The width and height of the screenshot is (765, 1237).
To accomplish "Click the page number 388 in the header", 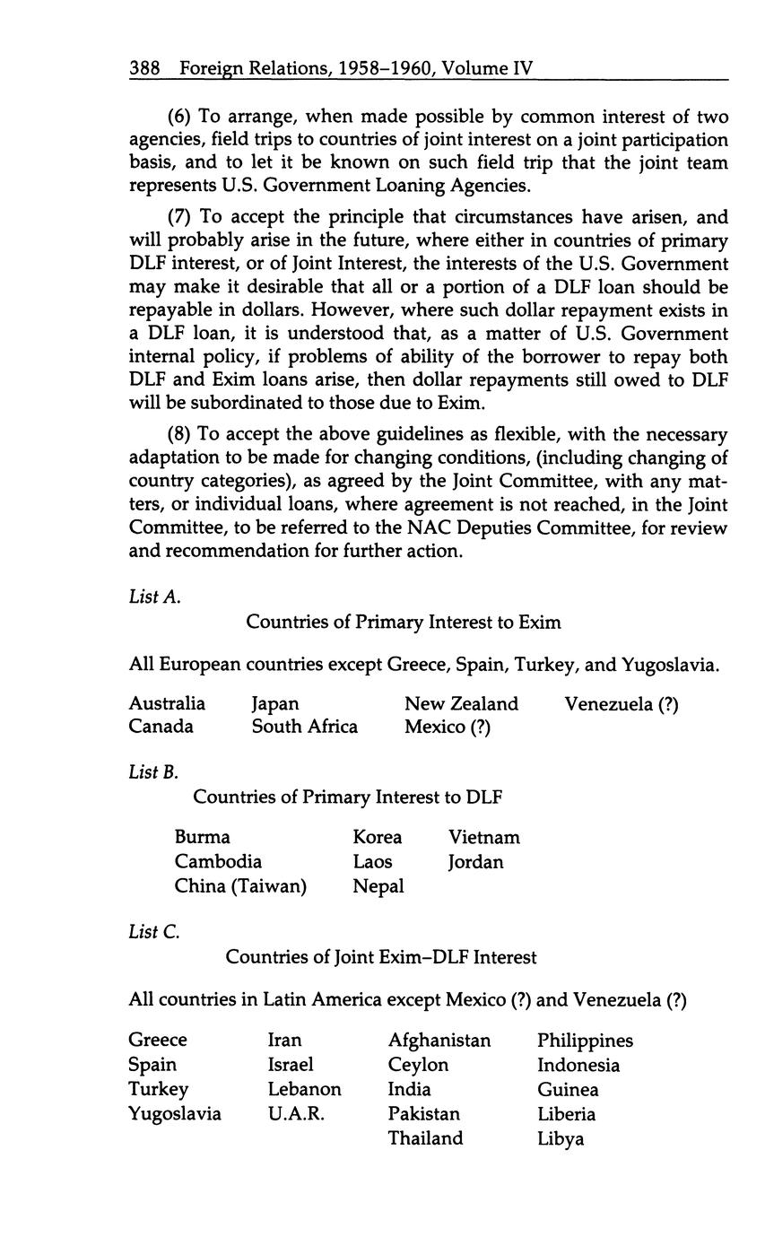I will [x=144, y=67].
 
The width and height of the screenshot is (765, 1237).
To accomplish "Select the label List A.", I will [x=155, y=597].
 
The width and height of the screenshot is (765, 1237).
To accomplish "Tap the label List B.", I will [x=154, y=771].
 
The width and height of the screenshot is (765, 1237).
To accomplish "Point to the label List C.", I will [x=154, y=932].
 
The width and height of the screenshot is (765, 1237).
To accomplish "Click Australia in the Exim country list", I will [x=167, y=703].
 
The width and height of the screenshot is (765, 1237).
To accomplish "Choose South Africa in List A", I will [x=304, y=727].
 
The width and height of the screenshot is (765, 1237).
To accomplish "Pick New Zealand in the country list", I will [x=461, y=703].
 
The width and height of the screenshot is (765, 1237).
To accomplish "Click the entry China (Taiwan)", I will [x=240, y=887].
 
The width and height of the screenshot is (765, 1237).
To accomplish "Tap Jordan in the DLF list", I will [x=475, y=862].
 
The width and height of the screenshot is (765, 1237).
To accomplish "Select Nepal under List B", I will [x=378, y=887].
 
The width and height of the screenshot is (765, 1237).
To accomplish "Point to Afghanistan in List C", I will [x=439, y=1041].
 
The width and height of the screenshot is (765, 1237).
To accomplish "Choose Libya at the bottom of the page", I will [x=561, y=1139].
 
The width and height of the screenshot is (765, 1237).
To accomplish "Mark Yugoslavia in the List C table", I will [x=175, y=1114].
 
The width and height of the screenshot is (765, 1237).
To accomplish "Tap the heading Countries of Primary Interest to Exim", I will [x=404, y=622].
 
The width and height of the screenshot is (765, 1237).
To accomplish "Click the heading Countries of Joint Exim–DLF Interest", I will [x=381, y=957].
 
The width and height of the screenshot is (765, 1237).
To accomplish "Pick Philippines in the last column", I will [x=585, y=1041].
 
